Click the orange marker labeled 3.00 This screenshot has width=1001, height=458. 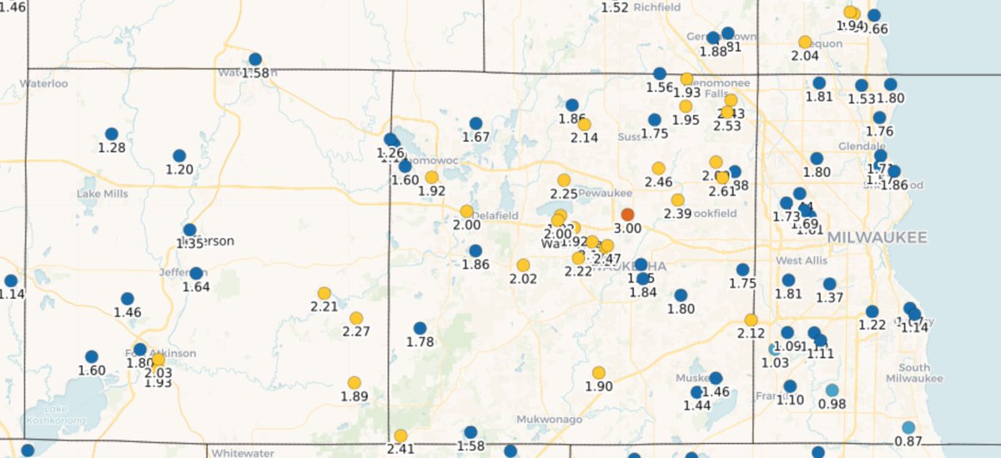628,214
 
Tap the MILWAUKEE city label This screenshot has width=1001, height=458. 877,239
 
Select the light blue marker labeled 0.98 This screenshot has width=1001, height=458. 832,390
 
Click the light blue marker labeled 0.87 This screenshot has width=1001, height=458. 908,427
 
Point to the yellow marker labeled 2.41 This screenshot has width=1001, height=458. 400,435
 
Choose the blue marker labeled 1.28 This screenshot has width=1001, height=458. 111,133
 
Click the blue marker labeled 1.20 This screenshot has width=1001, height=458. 179,156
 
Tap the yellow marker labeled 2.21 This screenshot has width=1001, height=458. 324,293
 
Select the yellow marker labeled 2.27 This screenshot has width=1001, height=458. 356,318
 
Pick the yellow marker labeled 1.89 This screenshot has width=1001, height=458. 354,383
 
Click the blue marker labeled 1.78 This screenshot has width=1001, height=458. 420,328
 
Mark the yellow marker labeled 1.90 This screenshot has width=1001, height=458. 598,373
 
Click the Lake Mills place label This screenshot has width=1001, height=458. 102,194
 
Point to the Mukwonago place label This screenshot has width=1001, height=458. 548,419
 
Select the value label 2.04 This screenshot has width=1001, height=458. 804,56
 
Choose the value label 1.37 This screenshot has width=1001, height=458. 830,298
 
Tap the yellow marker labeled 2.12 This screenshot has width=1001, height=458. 751,320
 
